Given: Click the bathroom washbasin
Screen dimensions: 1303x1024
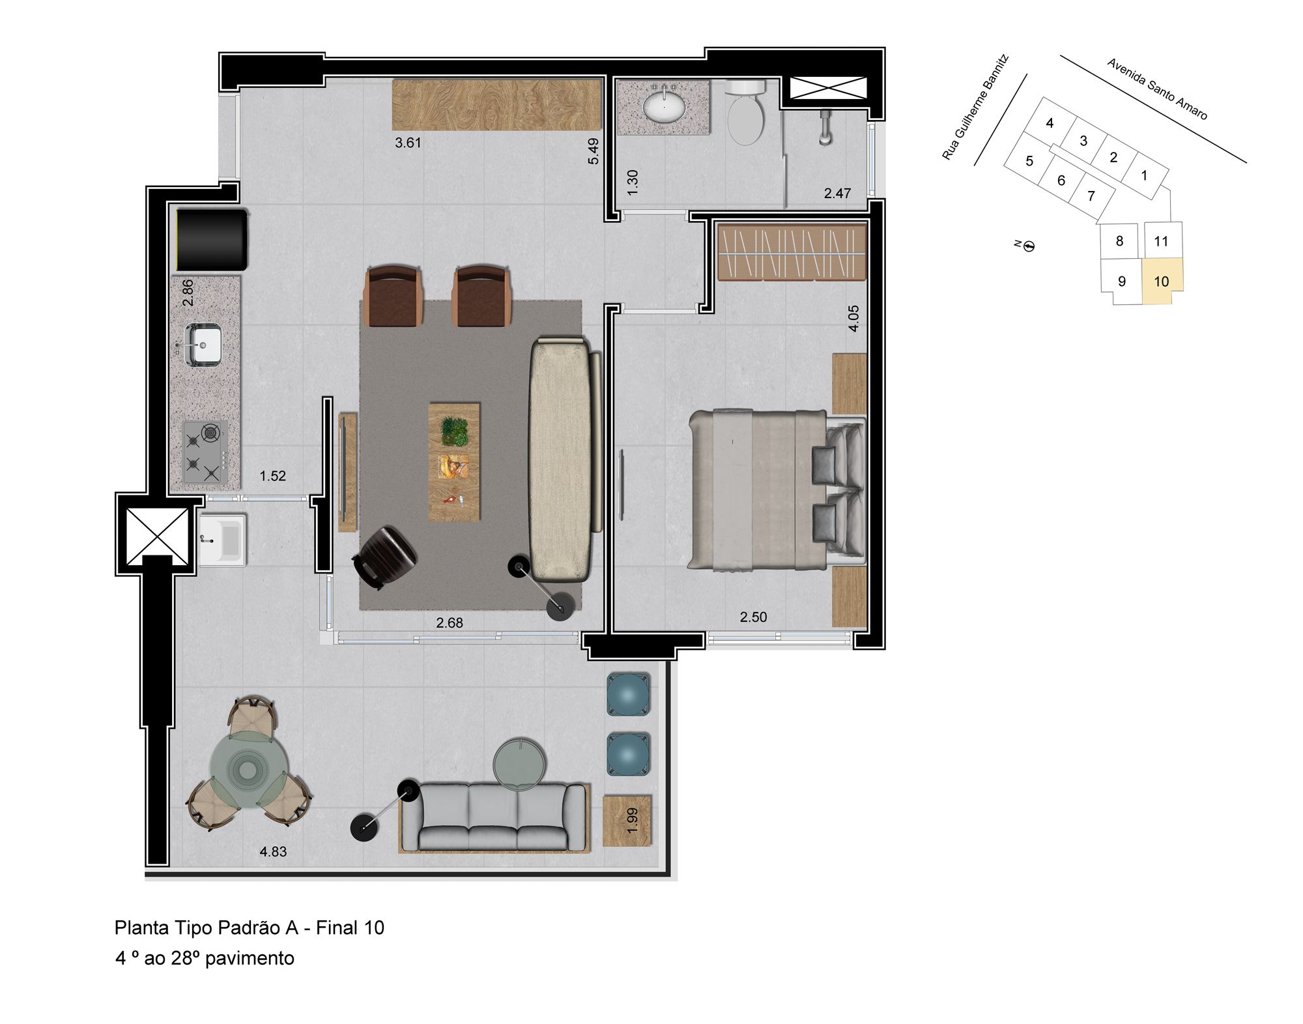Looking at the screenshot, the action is (664, 106).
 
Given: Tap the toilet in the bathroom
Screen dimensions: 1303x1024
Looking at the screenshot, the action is (745, 112).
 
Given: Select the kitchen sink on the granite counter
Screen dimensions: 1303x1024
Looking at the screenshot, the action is (203, 344).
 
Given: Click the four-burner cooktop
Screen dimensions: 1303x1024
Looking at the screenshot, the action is (206, 452).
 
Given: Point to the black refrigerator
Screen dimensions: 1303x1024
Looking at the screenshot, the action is (212, 239).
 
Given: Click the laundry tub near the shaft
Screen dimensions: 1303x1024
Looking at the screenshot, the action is (223, 540).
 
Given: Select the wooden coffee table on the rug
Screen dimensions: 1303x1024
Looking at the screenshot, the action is (454, 461).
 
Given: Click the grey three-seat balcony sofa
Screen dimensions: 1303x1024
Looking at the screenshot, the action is (493, 818).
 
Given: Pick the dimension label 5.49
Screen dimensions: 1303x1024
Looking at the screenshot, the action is (593, 151).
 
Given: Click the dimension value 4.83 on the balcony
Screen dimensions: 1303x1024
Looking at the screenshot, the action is (273, 851).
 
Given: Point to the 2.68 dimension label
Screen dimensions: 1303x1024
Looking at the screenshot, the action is (450, 622).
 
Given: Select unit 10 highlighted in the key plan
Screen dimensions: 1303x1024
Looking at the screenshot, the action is (1162, 281).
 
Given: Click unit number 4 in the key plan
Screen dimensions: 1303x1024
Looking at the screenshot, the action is (1050, 123).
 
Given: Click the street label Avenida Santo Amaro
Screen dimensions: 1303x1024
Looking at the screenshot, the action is (1157, 89).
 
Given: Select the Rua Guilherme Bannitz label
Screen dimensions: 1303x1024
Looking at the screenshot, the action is (975, 108).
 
